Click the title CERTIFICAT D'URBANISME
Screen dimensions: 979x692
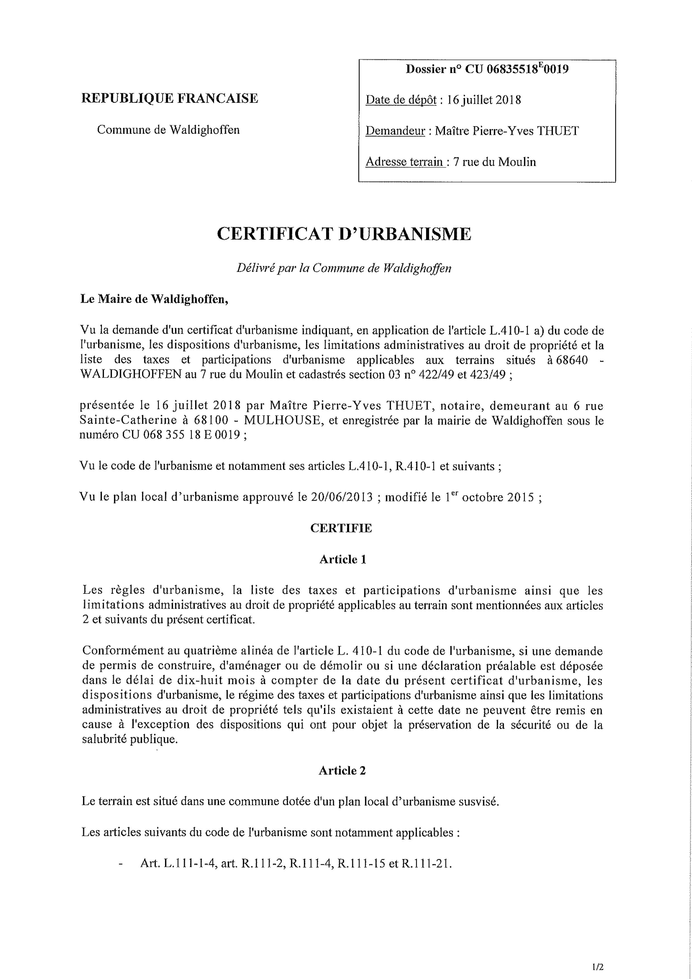(344, 234)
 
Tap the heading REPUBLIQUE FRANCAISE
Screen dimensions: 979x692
(170, 98)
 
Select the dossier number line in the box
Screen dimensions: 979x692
(487, 69)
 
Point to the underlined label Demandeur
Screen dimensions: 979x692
(395, 131)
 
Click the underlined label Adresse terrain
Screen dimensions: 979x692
(406, 162)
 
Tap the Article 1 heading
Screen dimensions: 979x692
(343, 559)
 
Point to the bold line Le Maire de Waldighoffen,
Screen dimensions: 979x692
(154, 299)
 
